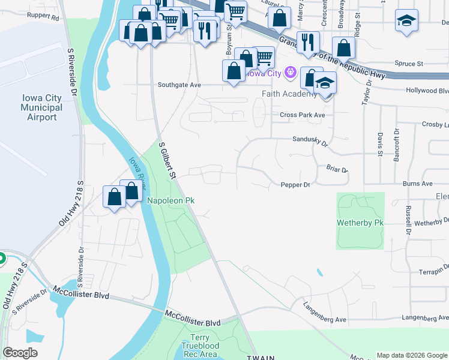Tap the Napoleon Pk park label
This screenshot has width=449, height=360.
(170, 200)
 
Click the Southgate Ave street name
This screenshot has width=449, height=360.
(179, 85)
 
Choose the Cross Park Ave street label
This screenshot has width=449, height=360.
(302, 115)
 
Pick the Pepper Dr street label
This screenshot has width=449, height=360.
(295, 185)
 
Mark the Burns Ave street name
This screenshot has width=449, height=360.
(418, 184)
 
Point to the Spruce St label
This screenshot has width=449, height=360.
(409, 63)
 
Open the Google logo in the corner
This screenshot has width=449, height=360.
(20, 353)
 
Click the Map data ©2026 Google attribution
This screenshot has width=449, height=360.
(412, 355)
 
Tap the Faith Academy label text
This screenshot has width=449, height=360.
(289, 94)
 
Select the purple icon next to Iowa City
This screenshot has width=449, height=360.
(291, 73)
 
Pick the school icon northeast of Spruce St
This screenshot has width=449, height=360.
(406, 20)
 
